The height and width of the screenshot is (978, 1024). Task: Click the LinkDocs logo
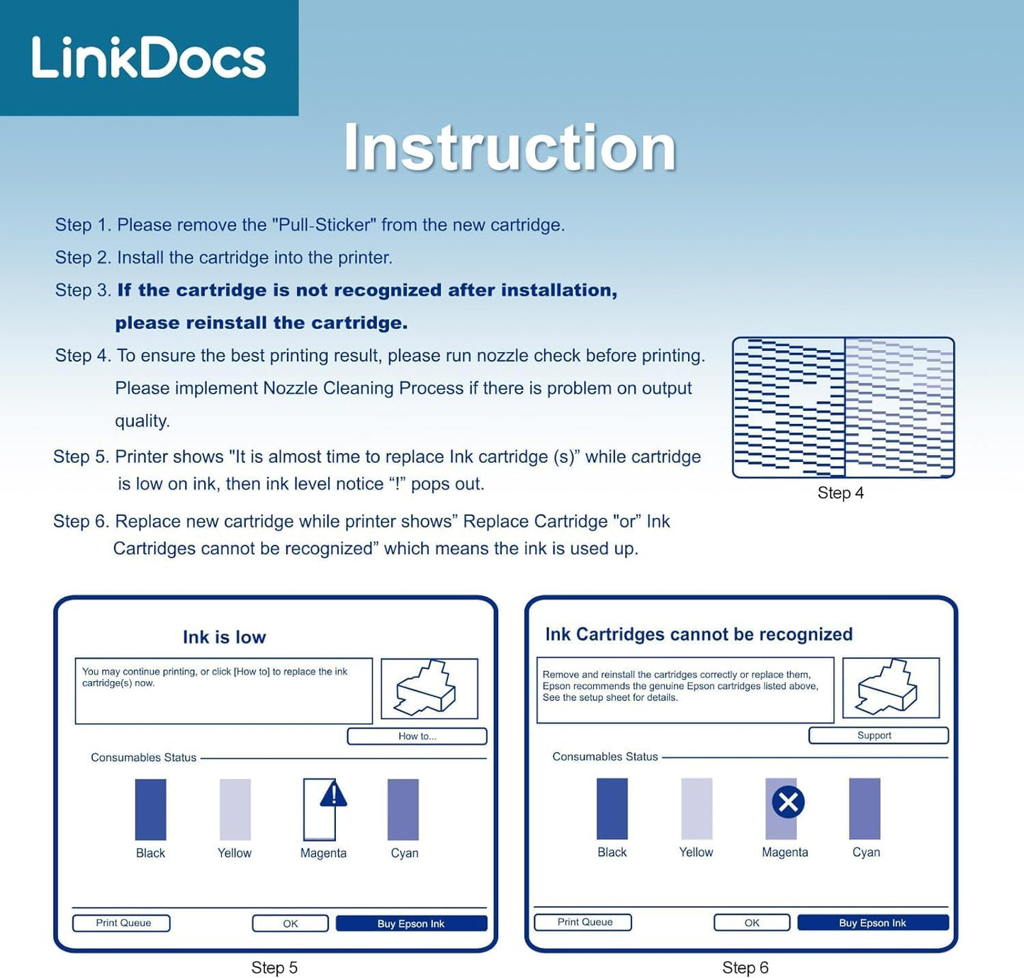point(149,57)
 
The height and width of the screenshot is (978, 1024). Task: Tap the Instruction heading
point(510,147)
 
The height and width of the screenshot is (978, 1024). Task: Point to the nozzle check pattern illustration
point(843,407)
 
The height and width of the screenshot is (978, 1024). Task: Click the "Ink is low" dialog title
point(225,637)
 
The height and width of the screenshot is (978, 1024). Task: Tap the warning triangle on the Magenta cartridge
point(334,794)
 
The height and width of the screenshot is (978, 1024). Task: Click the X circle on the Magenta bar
point(788,802)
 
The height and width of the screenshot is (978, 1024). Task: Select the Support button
point(878,736)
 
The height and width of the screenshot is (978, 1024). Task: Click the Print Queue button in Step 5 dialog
point(121,923)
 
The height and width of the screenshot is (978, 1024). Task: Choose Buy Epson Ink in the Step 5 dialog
point(412,923)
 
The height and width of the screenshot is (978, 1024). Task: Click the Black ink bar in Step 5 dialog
point(150,809)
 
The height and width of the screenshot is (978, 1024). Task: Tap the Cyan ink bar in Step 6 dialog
point(865,809)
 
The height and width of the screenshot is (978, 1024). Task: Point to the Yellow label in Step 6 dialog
point(696,852)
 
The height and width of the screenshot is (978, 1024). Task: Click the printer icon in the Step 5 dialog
point(427,688)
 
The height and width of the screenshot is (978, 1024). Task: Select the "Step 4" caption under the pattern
point(840,493)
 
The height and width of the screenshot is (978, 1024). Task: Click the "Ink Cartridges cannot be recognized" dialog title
point(699,634)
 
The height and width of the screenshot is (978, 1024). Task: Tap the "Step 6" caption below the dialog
point(745,967)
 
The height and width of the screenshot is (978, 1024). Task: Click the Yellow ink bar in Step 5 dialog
point(235,809)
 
